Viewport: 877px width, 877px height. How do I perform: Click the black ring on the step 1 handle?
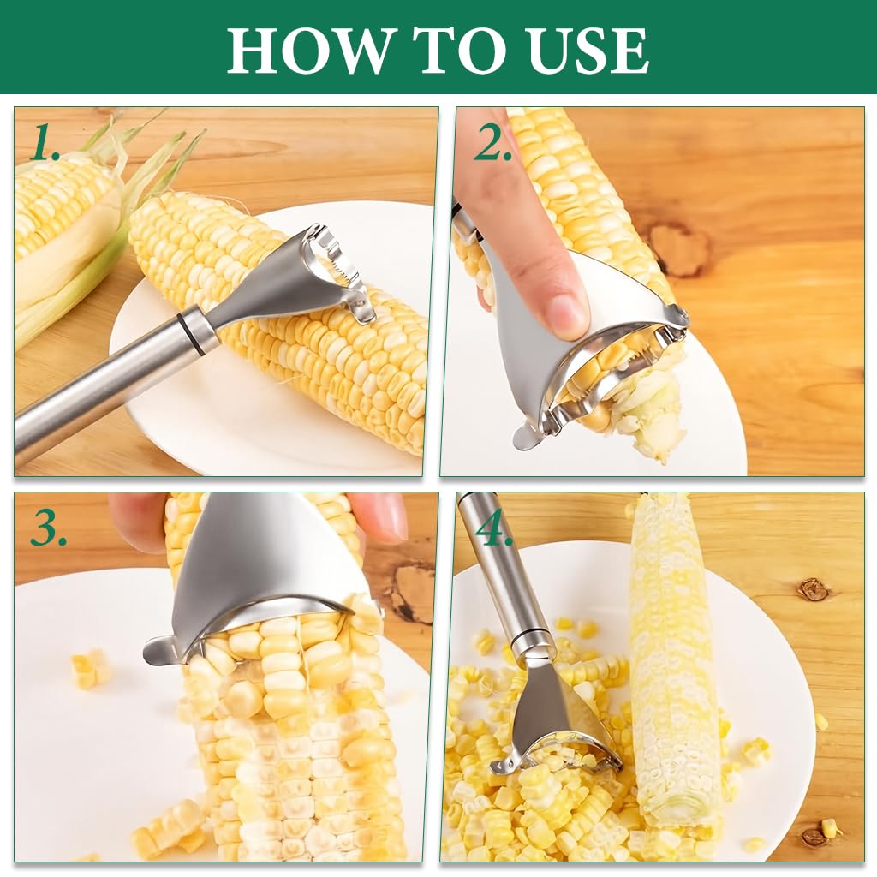(196, 331)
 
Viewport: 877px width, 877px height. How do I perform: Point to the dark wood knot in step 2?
(677, 248)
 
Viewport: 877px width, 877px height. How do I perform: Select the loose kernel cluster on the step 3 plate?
(89, 668)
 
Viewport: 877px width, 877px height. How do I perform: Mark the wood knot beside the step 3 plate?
(414, 591)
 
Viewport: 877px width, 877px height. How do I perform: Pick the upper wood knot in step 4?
(812, 589)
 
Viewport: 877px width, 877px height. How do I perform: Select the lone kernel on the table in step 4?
(828, 826)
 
